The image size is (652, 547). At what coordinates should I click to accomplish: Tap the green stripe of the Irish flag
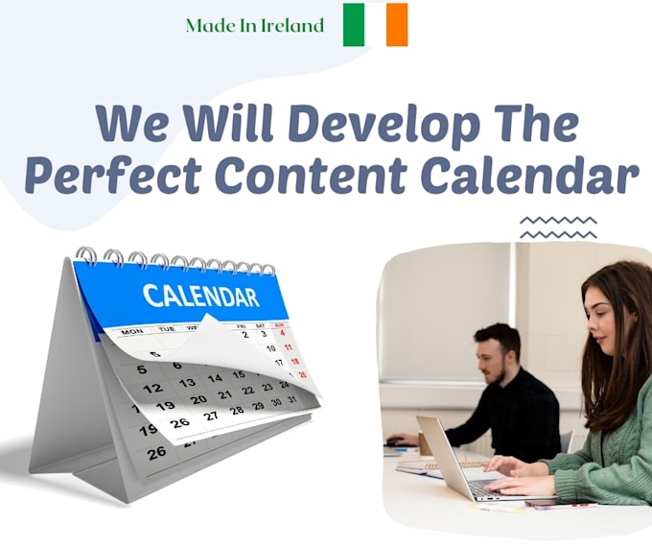pyautogui.click(x=354, y=25)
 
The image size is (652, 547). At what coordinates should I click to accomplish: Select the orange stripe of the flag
pyautogui.click(x=397, y=25)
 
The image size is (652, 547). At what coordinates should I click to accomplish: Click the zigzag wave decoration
pyautogui.click(x=558, y=227)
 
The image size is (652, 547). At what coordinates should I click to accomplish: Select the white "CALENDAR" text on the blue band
pyautogui.click(x=200, y=297)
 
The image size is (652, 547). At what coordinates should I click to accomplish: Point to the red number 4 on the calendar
pyautogui.click(x=282, y=333)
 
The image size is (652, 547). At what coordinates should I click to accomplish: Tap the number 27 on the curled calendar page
pyautogui.click(x=210, y=416)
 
